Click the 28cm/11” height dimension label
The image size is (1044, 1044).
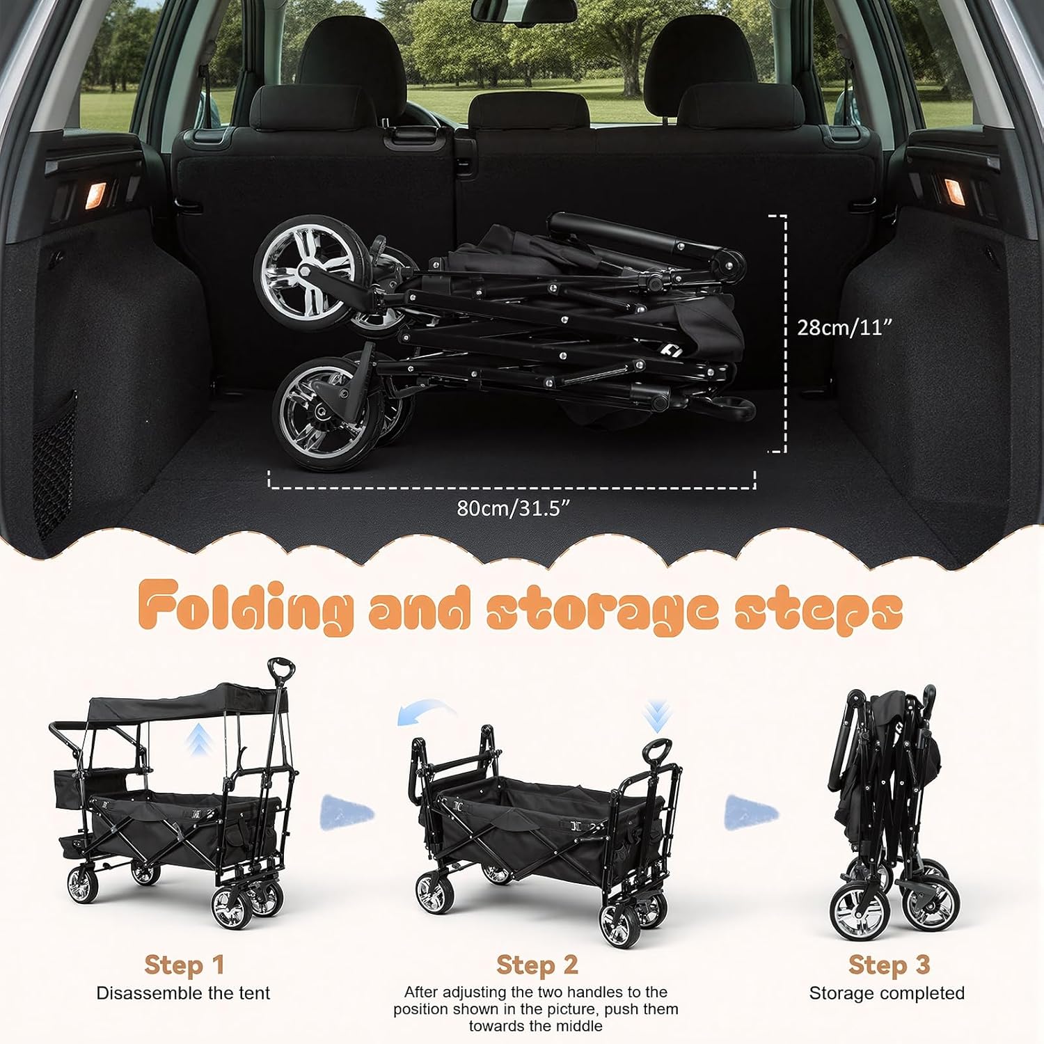(844, 327)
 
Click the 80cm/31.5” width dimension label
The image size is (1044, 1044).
(513, 508)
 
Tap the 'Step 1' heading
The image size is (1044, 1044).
(184, 965)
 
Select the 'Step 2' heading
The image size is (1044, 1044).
(537, 965)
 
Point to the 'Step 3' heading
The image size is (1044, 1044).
(888, 965)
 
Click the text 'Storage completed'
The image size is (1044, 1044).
(887, 993)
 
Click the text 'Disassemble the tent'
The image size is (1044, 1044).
(183, 993)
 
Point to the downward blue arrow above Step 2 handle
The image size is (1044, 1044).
(657, 717)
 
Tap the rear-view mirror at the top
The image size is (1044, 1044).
(523, 8)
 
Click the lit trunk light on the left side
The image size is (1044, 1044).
(95, 195)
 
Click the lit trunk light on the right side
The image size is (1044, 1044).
(953, 191)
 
